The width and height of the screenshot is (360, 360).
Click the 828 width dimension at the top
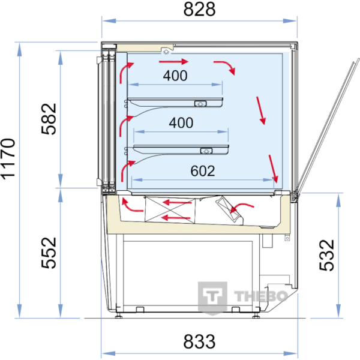(x=199, y=9)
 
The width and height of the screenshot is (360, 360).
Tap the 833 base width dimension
(x=199, y=341)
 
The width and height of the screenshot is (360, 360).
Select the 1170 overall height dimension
(x=8, y=158)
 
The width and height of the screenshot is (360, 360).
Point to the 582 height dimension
(x=49, y=119)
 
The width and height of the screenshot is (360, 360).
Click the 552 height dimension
(x=49, y=253)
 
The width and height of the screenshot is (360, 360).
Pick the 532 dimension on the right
(x=326, y=255)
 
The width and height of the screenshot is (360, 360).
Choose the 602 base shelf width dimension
(x=203, y=171)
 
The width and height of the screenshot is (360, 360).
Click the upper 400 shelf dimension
(x=175, y=76)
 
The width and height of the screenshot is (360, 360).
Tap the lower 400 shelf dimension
(x=181, y=122)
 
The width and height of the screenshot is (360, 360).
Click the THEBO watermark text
(x=261, y=296)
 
